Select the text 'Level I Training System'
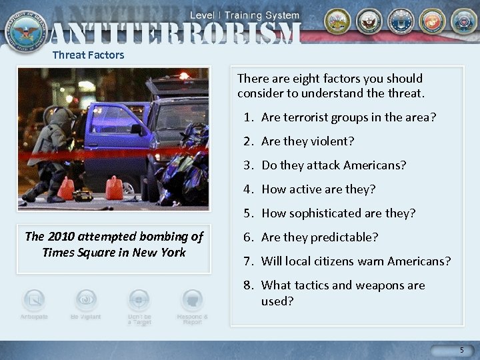coord(245,15)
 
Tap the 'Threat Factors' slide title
coord(88,55)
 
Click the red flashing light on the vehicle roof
coord(183,76)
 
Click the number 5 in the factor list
coord(247,213)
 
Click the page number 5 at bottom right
coord(461,351)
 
